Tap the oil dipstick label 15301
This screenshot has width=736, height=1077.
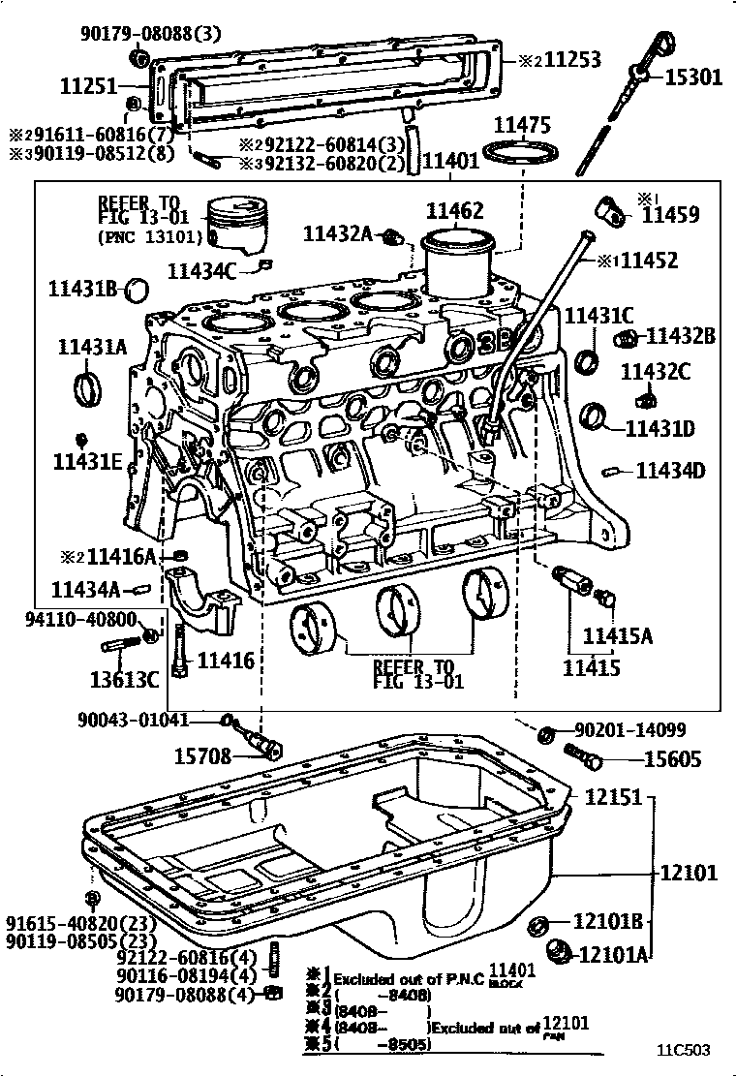692,77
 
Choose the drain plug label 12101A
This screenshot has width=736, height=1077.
611,956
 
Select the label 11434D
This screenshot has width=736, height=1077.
670,472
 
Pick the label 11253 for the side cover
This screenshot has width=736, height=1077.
572,59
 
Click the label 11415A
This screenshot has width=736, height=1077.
617,635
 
